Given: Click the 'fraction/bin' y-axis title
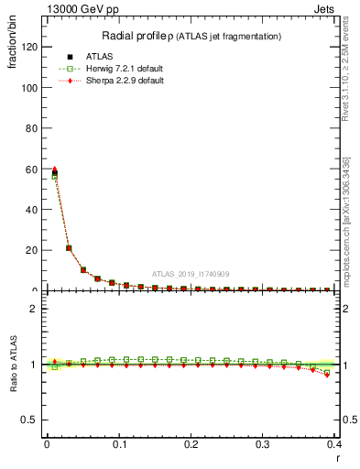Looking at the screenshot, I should click(x=11, y=51).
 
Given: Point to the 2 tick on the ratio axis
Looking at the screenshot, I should click(x=36, y=309).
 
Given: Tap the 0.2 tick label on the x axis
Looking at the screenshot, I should click(x=191, y=444).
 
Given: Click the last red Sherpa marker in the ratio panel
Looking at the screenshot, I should click(x=327, y=374).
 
